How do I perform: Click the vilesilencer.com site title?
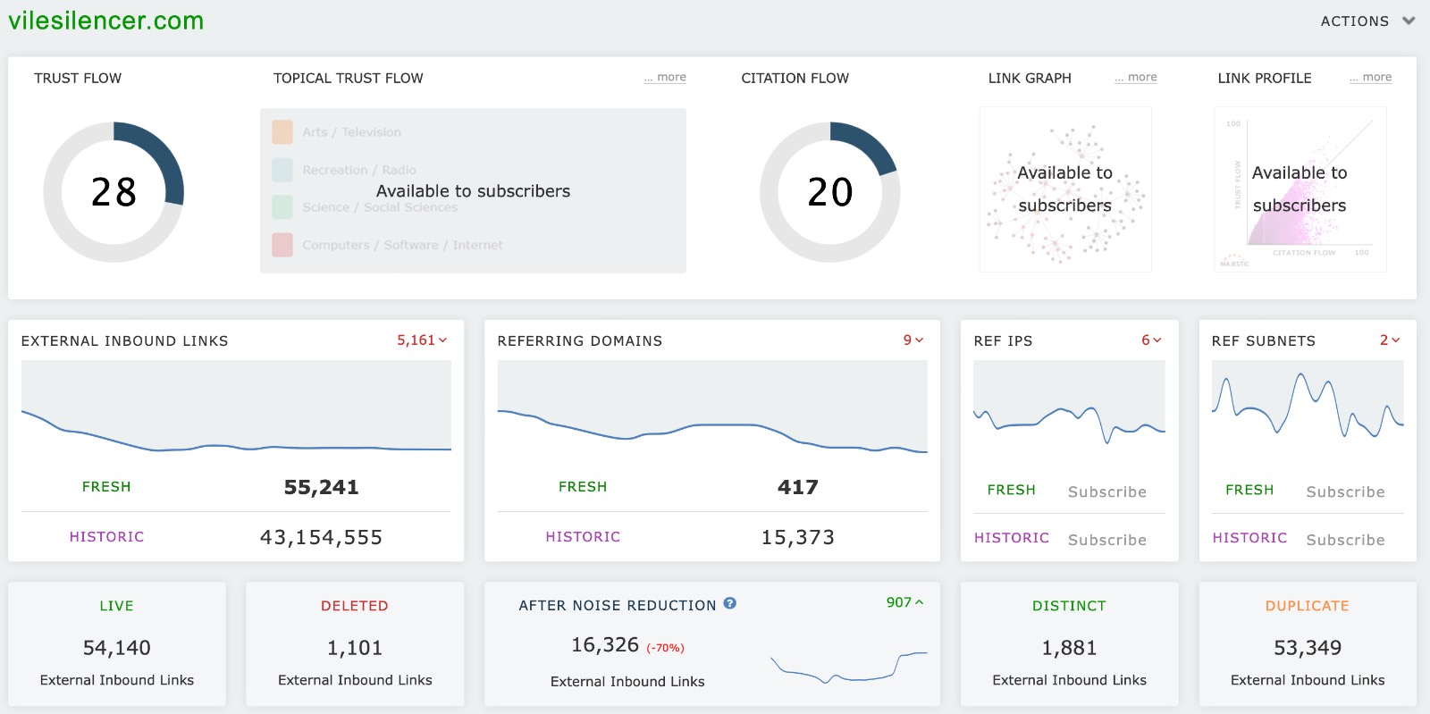click(106, 21)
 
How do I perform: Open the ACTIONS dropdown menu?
click(1367, 21)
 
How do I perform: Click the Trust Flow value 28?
click(114, 192)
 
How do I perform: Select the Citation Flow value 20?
click(830, 192)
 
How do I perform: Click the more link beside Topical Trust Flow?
click(666, 78)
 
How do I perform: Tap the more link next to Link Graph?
click(1137, 78)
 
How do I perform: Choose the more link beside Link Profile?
click(1372, 78)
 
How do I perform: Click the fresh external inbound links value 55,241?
click(321, 487)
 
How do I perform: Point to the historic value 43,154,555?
click(321, 537)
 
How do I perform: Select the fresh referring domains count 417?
click(797, 487)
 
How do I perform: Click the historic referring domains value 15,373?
click(797, 537)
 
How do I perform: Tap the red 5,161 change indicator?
click(421, 340)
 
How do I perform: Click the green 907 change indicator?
click(904, 602)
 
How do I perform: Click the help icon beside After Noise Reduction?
click(729, 604)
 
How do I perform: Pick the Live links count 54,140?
click(116, 648)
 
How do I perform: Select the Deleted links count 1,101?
click(354, 648)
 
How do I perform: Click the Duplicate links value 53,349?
click(1307, 648)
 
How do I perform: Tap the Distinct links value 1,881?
click(1069, 648)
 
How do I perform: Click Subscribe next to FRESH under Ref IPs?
click(1106, 492)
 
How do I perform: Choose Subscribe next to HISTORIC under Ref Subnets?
click(1345, 540)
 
